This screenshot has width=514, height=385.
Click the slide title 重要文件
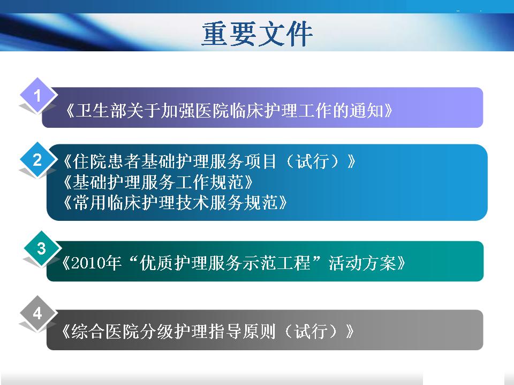(257, 34)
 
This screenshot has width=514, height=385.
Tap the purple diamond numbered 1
(37, 96)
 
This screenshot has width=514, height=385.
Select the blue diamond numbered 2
(37, 160)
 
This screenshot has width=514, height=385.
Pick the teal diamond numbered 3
(42, 249)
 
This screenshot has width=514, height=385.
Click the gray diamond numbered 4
(37, 313)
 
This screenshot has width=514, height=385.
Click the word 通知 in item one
(367, 110)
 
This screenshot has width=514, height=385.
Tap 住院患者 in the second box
(107, 161)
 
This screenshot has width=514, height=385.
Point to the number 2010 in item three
(87, 263)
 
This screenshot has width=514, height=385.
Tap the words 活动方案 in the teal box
(362, 263)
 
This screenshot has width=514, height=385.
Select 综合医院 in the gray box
(105, 332)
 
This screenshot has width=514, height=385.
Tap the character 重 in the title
(215, 34)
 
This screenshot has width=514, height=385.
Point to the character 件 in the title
(299, 34)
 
